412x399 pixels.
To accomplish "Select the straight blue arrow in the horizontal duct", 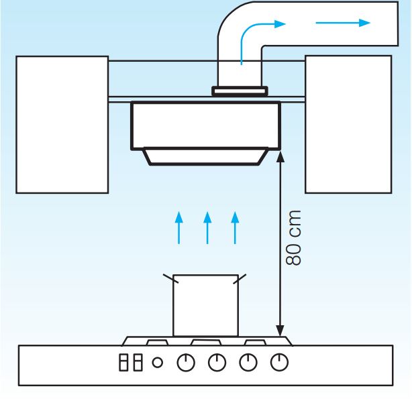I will point(342,23).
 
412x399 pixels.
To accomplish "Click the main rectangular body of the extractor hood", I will point(204,125).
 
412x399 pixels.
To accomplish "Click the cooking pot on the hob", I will point(205,305).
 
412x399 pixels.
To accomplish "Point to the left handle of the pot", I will point(168,278).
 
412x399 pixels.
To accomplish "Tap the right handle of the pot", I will point(241,278).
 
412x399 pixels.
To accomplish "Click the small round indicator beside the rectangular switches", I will point(158,363).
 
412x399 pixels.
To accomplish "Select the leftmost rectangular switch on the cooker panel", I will point(123,363).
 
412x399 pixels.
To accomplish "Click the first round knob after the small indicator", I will point(185,363).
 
